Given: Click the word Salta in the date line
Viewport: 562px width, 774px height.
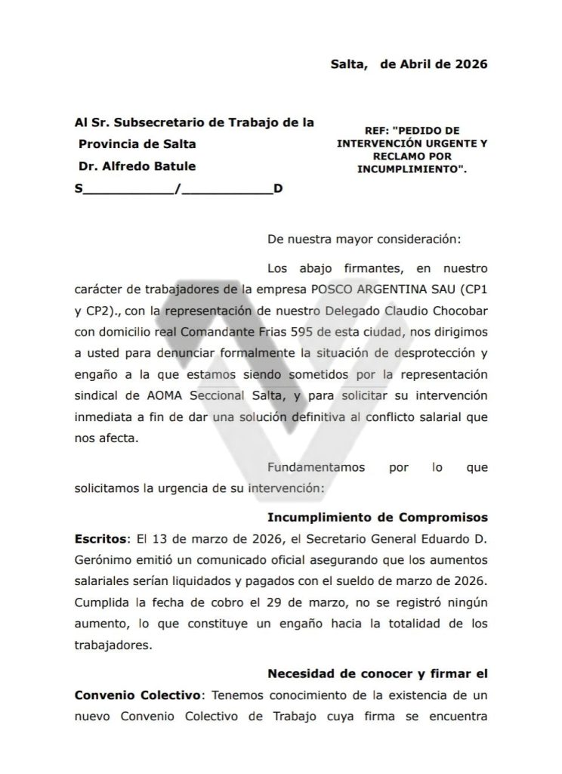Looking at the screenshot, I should pos(347,64).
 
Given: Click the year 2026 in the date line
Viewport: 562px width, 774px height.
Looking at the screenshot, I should pos(470,64).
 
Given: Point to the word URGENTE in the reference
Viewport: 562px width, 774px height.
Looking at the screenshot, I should pos(453,141).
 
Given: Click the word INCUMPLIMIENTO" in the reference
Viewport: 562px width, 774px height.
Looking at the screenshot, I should pos(412,171).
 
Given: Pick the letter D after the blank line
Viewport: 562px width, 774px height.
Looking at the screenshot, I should pos(278,189).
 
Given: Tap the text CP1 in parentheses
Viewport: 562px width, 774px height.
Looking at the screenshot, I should pos(473,289).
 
